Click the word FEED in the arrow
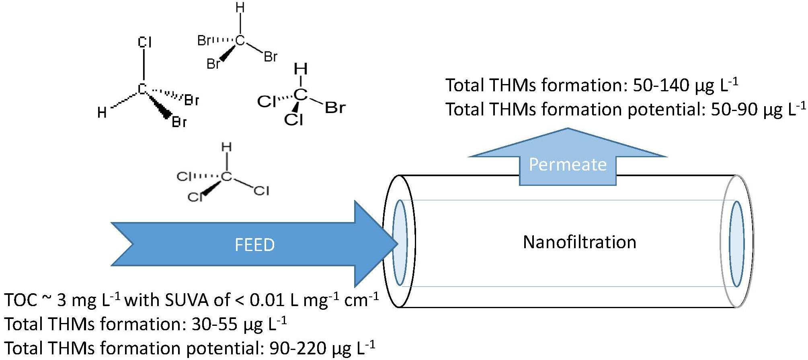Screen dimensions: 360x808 click(254, 245)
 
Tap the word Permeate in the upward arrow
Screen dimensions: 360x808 click(567, 165)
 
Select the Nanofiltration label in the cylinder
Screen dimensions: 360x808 click(579, 242)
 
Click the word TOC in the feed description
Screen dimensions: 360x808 click(21, 300)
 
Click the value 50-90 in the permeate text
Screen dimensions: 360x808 click(734, 109)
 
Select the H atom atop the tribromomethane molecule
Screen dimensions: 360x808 click(240, 8)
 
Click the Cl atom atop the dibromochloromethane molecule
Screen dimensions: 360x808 click(144, 42)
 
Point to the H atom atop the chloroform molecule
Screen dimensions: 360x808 click(227, 147)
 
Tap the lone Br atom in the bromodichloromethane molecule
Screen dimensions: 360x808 click(335, 108)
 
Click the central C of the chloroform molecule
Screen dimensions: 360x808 click(227, 176)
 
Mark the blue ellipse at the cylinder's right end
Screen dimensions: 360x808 click(736, 244)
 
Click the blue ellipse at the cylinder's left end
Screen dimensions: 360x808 click(400, 243)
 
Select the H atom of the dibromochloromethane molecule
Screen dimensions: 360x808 click(102, 113)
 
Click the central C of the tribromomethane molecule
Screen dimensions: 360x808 click(240, 40)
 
